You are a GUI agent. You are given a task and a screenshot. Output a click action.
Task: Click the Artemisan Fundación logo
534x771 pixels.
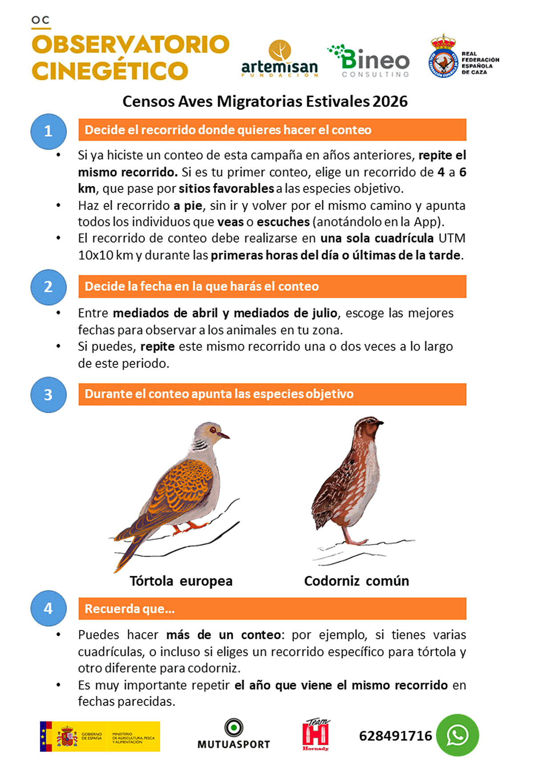coord(279,60)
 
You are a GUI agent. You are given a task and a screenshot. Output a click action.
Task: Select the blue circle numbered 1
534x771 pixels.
coord(49,131)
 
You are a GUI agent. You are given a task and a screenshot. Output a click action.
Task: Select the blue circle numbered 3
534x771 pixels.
coord(49,395)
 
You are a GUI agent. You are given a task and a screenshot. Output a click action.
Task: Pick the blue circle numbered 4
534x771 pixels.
coord(49,608)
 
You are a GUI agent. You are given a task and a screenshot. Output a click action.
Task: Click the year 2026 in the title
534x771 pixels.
coord(390,101)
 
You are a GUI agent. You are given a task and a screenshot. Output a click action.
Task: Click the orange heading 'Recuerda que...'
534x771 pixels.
coord(129,609)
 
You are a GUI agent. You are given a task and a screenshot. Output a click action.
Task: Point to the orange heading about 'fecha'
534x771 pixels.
coord(202,286)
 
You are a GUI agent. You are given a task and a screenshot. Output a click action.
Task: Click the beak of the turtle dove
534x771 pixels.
coord(226,436)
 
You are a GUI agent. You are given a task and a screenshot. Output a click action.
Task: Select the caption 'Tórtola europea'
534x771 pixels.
coord(181,581)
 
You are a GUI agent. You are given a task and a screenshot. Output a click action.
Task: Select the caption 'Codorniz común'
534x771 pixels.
coord(356,581)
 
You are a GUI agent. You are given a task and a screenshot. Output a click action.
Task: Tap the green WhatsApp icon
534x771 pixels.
coord(457,735)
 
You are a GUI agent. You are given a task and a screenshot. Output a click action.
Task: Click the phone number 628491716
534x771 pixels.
coord(395,736)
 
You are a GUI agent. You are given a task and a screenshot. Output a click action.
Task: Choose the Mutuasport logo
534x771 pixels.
coord(234,735)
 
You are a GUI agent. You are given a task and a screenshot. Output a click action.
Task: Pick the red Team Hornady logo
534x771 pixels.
coord(316,735)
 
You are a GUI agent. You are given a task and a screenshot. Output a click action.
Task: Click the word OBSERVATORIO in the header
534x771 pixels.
coord(130,44)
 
